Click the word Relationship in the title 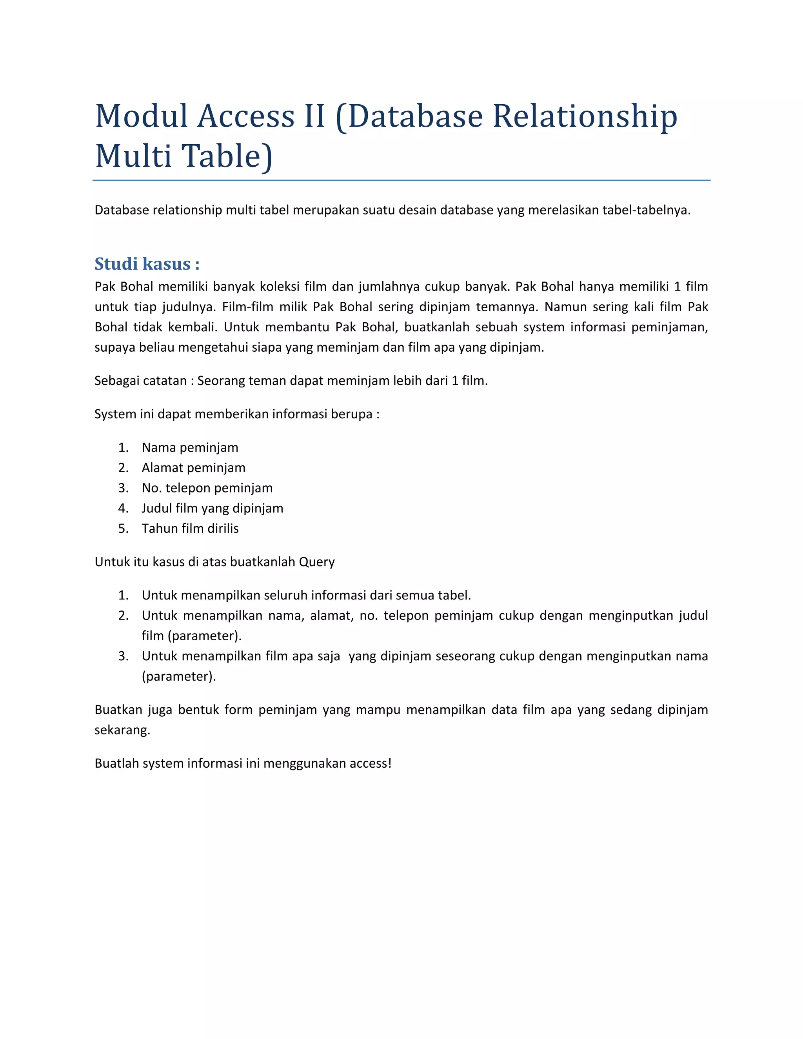click(585, 116)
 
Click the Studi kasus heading click(147, 264)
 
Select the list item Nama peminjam click(190, 448)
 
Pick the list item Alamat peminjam click(193, 468)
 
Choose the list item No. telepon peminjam click(207, 488)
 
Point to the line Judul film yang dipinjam click(212, 509)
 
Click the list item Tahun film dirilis click(190, 529)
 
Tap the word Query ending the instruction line click(316, 562)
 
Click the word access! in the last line click(370, 763)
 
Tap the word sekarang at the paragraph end click(122, 730)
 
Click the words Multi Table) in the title click(184, 156)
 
